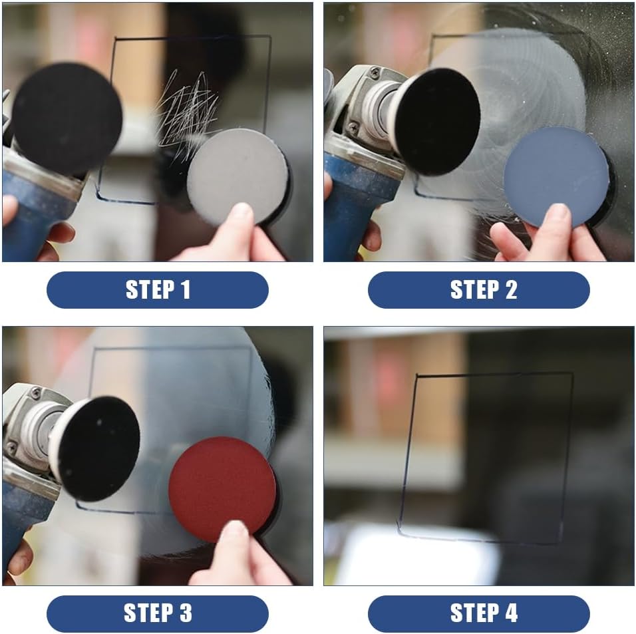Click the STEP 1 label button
(x=157, y=290)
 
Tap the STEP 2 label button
(x=478, y=290)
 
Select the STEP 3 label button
(x=157, y=613)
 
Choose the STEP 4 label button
(x=478, y=613)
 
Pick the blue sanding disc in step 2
(x=556, y=176)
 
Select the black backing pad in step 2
(x=440, y=120)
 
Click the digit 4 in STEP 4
(x=510, y=613)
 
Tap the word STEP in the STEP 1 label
(x=148, y=290)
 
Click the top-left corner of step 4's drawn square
(x=417, y=377)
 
